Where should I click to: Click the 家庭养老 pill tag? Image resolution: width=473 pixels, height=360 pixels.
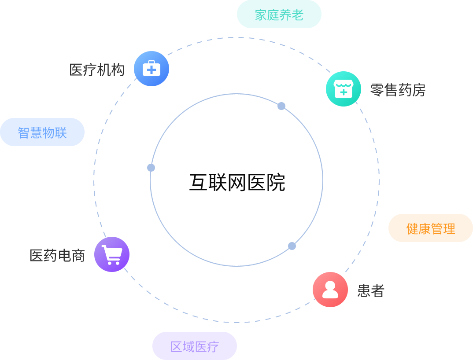point(279,15)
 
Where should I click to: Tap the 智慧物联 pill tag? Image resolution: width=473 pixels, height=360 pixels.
point(42,132)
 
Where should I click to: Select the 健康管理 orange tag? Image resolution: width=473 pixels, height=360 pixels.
point(430,228)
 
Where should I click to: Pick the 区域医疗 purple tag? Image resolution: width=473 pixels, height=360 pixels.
point(195,346)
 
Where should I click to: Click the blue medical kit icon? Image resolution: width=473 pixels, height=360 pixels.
point(152,69)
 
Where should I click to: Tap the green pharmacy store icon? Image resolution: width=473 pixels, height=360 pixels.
point(344,89)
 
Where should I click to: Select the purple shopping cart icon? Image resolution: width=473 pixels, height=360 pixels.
point(112,254)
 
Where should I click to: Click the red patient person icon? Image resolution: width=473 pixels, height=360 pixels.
point(330,290)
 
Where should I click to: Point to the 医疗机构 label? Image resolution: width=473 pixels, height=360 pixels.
point(97,70)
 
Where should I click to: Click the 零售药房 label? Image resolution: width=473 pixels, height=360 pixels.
point(398,90)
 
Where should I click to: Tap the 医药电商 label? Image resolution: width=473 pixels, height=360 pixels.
point(57,255)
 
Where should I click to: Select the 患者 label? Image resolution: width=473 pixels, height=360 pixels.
point(371,290)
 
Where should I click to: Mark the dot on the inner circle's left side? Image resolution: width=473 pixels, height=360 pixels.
point(151,168)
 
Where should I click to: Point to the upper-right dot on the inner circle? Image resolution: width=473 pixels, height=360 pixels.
point(281,106)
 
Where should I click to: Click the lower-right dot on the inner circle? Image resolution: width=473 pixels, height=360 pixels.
point(292,246)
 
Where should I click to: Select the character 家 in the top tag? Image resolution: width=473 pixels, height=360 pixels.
point(261,15)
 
